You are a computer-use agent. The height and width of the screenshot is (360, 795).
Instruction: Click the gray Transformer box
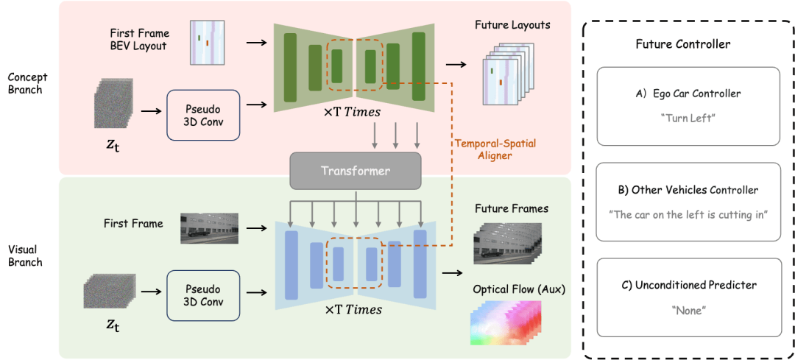[x=356, y=171]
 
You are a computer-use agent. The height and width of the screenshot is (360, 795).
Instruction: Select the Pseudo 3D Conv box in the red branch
[x=204, y=114]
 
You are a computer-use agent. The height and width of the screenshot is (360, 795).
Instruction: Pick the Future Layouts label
[x=512, y=25]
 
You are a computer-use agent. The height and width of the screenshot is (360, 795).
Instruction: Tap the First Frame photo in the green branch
[x=209, y=228]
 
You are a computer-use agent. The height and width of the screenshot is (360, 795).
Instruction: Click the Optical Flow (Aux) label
[x=519, y=289]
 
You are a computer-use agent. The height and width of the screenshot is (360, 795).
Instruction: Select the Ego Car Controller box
[x=688, y=106]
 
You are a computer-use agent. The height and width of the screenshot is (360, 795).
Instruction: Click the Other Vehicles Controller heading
[x=688, y=190]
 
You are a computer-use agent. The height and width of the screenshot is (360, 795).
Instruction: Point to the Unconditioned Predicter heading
[x=688, y=285]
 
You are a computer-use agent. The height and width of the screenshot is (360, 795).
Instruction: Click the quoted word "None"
[x=688, y=311]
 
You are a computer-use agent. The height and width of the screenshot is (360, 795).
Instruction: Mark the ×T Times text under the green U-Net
[x=353, y=113]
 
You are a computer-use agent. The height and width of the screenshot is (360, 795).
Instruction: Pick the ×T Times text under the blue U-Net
[x=353, y=310]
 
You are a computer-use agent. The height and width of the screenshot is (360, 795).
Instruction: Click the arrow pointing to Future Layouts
[x=456, y=65]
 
